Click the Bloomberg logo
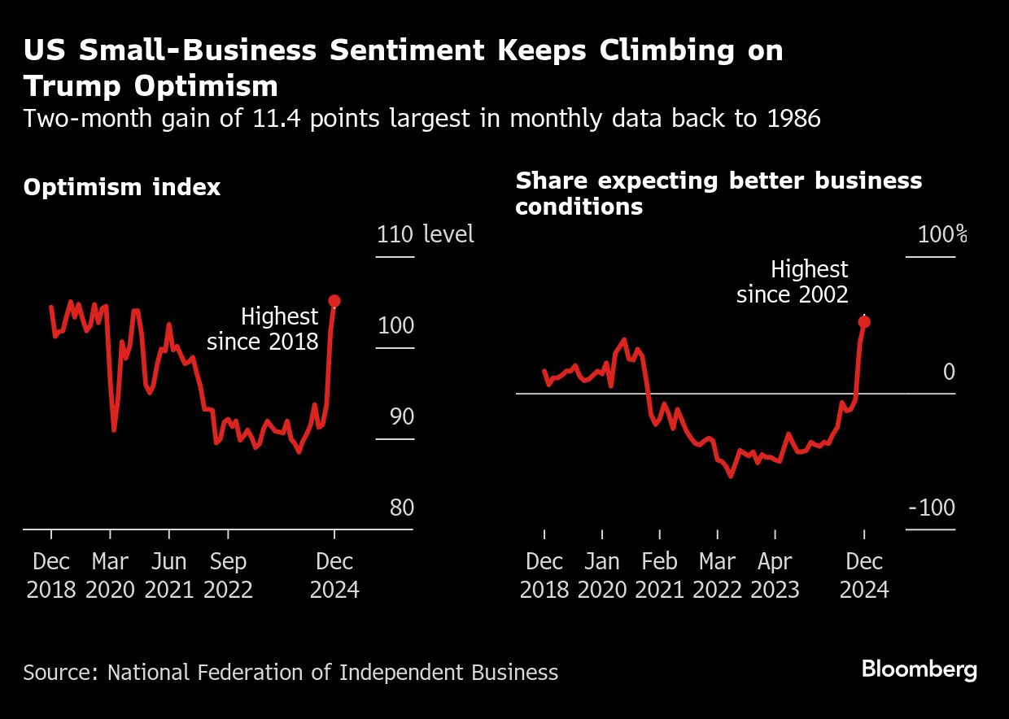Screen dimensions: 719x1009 click(919, 670)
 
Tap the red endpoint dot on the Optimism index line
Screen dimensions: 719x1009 click(334, 301)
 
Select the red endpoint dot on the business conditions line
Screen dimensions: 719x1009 click(864, 322)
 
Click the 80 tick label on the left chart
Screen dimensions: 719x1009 click(402, 508)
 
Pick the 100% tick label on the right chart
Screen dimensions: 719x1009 click(942, 235)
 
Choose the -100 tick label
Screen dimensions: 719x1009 click(932, 508)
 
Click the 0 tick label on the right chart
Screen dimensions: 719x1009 click(949, 372)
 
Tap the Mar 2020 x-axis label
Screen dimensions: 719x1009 click(110, 575)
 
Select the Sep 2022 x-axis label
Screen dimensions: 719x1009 click(228, 575)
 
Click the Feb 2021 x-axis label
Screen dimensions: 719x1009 click(660, 575)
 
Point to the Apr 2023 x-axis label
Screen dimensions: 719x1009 click(775, 575)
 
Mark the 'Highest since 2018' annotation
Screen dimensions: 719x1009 click(263, 329)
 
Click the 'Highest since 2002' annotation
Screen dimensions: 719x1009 click(793, 281)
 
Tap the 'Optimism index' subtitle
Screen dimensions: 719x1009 click(122, 187)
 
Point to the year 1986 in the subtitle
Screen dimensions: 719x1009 click(793, 119)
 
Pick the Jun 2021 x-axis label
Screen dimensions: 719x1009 click(169, 575)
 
